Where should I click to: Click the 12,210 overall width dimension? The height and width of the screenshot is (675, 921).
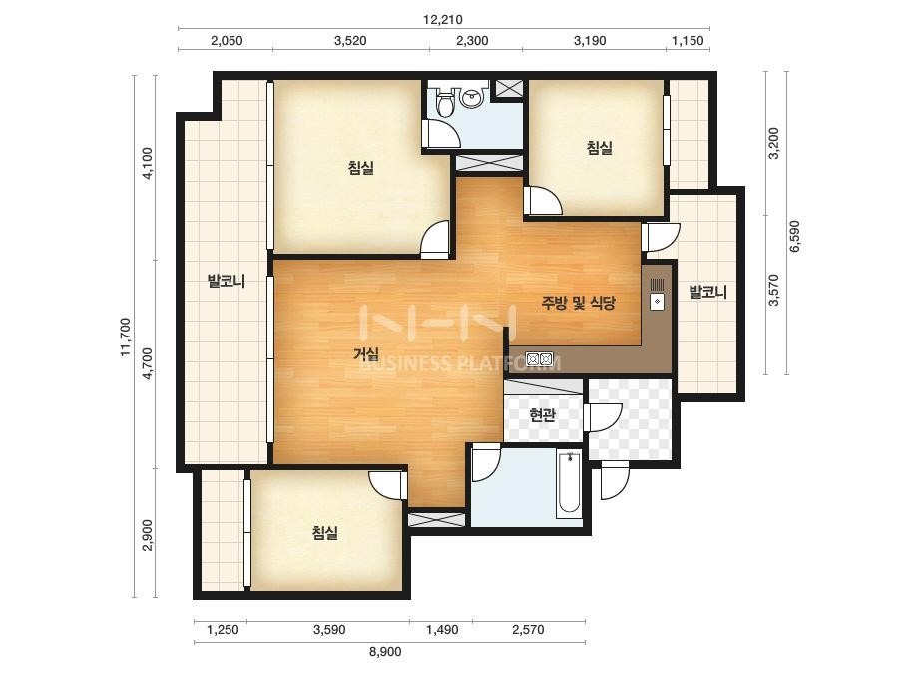pos(443,19)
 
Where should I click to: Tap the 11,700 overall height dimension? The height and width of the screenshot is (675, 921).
pos(125,337)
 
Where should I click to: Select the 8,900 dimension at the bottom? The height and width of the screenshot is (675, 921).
pos(385,651)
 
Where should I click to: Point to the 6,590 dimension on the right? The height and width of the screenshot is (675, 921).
pos(794,236)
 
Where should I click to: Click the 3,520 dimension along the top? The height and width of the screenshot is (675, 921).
pos(350,41)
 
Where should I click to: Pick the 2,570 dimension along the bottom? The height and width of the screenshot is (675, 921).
pos(528,630)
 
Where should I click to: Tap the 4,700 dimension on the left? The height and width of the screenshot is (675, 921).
pos(148,363)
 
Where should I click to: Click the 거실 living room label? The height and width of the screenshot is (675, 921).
pos(366,353)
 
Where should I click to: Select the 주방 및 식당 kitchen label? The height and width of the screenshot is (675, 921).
pos(578,303)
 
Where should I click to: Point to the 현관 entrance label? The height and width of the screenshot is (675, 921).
pos(542,415)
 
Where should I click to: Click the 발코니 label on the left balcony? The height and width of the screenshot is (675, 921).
pos(227,281)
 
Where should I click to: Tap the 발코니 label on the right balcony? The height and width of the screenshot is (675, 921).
pos(707,292)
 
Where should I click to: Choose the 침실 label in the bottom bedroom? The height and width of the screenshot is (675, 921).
pos(325,533)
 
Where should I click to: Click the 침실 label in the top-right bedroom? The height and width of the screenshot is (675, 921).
pos(599,147)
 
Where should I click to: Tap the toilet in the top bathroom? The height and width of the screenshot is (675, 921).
pos(446,101)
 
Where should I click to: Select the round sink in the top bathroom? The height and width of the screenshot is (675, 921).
pos(472,97)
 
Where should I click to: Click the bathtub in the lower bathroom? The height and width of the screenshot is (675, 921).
pos(569,484)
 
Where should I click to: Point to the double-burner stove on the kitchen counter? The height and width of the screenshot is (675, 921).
pos(539,358)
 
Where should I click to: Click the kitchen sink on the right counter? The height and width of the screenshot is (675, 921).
pos(658,294)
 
